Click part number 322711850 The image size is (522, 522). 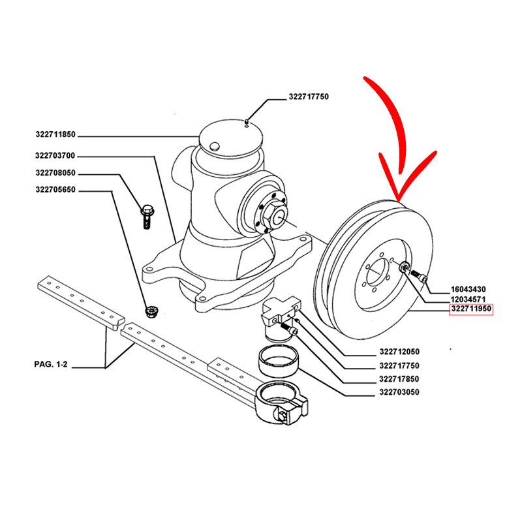tap(55, 135)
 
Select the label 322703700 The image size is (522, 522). tap(55, 155)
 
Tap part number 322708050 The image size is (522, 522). tap(55, 174)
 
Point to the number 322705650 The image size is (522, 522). tap(55, 191)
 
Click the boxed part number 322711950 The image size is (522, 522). tap(471, 310)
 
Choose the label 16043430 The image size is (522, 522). tap(468, 288)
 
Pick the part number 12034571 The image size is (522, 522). tap(468, 299)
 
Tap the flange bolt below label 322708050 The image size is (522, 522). tap(146, 215)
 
